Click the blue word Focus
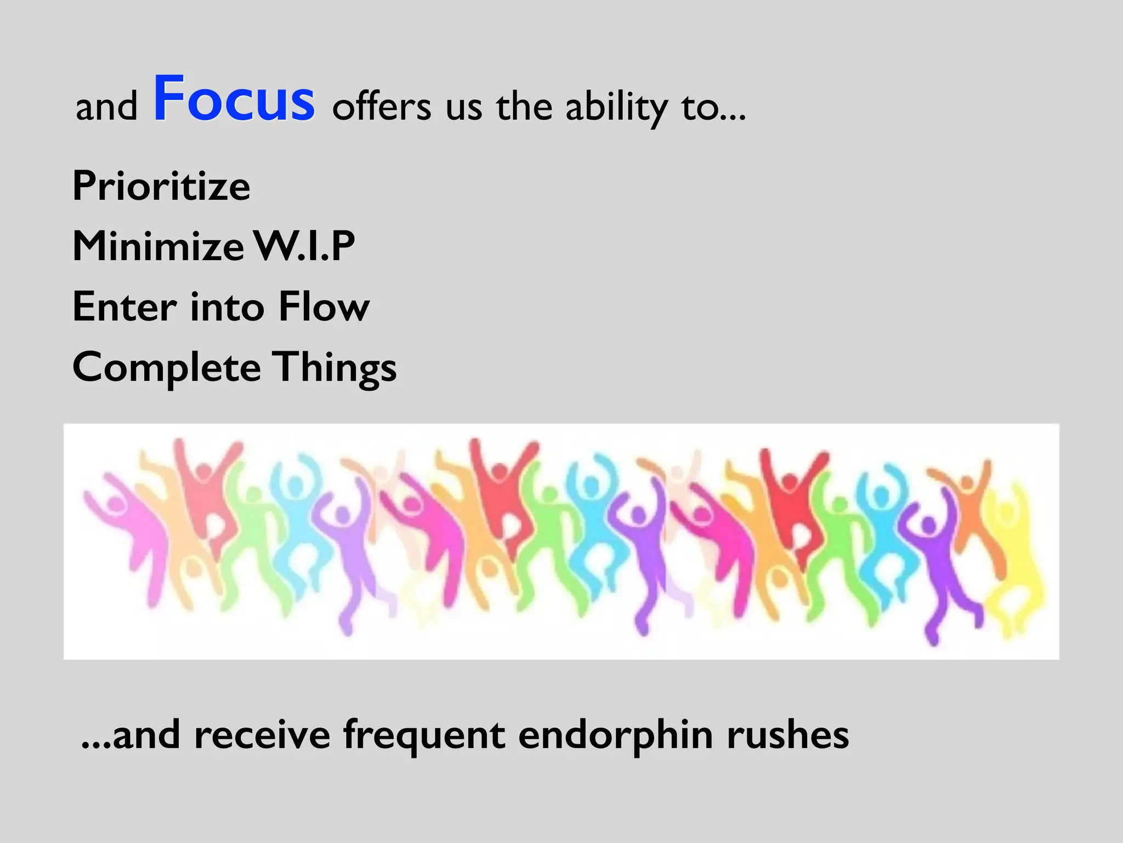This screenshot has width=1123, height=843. pos(234,99)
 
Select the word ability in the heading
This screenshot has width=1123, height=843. pos(616,108)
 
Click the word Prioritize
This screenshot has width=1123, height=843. pos(161,186)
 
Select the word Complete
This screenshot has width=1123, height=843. pos(166,368)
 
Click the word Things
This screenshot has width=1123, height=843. pos(335,368)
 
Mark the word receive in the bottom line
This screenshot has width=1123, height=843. pos(262,735)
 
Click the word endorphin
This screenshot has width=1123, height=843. pos(615,735)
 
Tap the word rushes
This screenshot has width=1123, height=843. pos(787,735)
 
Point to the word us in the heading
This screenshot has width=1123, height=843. pos(463,107)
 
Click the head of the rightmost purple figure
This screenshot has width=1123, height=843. pos(927,525)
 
